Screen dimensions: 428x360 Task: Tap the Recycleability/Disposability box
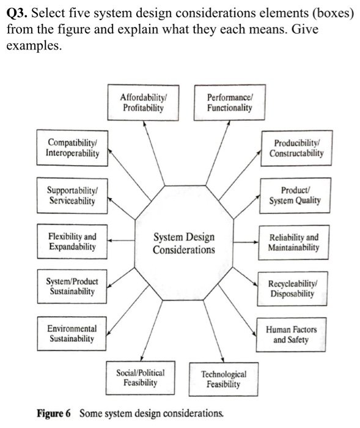click(293, 288)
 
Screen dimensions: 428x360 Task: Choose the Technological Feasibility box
click(223, 378)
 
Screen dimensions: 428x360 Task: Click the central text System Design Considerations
click(184, 243)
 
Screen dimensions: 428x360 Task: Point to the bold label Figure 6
click(54, 413)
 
